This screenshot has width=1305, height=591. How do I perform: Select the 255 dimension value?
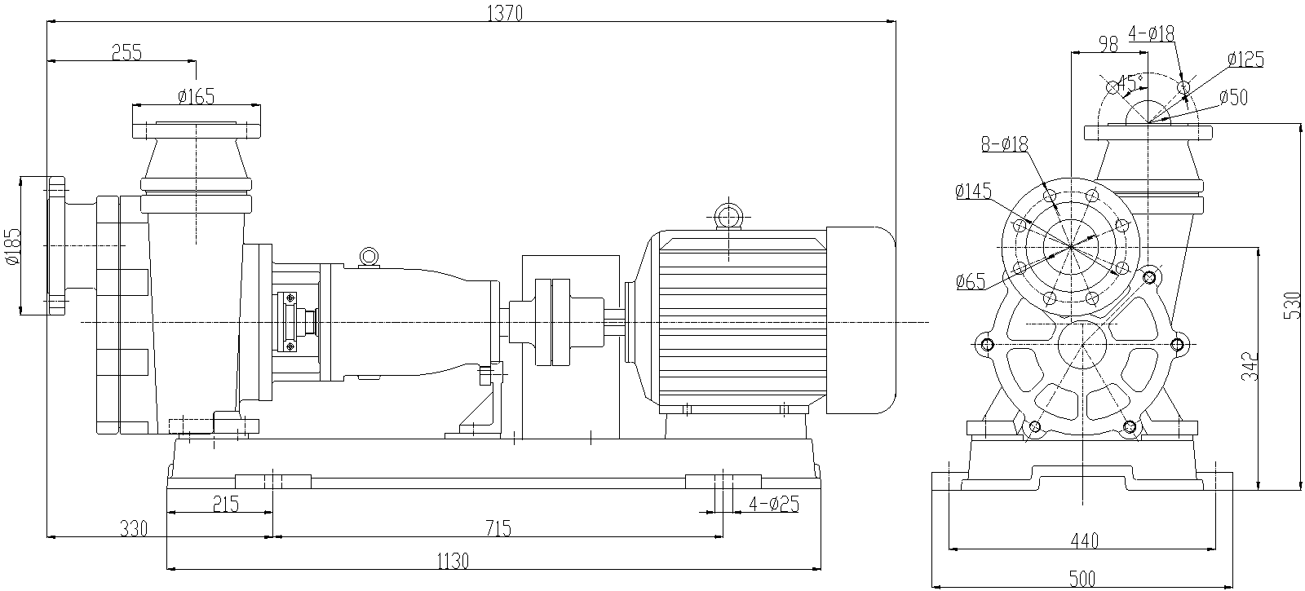coord(126,53)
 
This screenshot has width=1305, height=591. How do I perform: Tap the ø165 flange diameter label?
coord(196,96)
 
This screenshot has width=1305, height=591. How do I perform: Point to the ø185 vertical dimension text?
coord(11,247)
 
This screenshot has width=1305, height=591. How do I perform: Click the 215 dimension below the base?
coord(225,505)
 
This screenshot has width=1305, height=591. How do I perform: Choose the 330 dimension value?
coord(133,529)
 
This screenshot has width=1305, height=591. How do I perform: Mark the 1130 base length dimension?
coord(453,562)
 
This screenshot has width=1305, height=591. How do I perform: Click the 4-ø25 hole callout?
coord(774,504)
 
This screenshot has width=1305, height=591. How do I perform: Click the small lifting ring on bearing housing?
coord(369,257)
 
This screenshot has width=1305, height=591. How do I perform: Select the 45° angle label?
coord(1130,83)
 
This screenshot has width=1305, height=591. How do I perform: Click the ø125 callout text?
coord(1245,60)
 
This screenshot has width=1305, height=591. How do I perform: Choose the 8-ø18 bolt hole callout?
coord(1004,144)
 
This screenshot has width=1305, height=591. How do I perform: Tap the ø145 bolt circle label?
coord(972,192)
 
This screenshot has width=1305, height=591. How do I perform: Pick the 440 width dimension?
coord(1083,540)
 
